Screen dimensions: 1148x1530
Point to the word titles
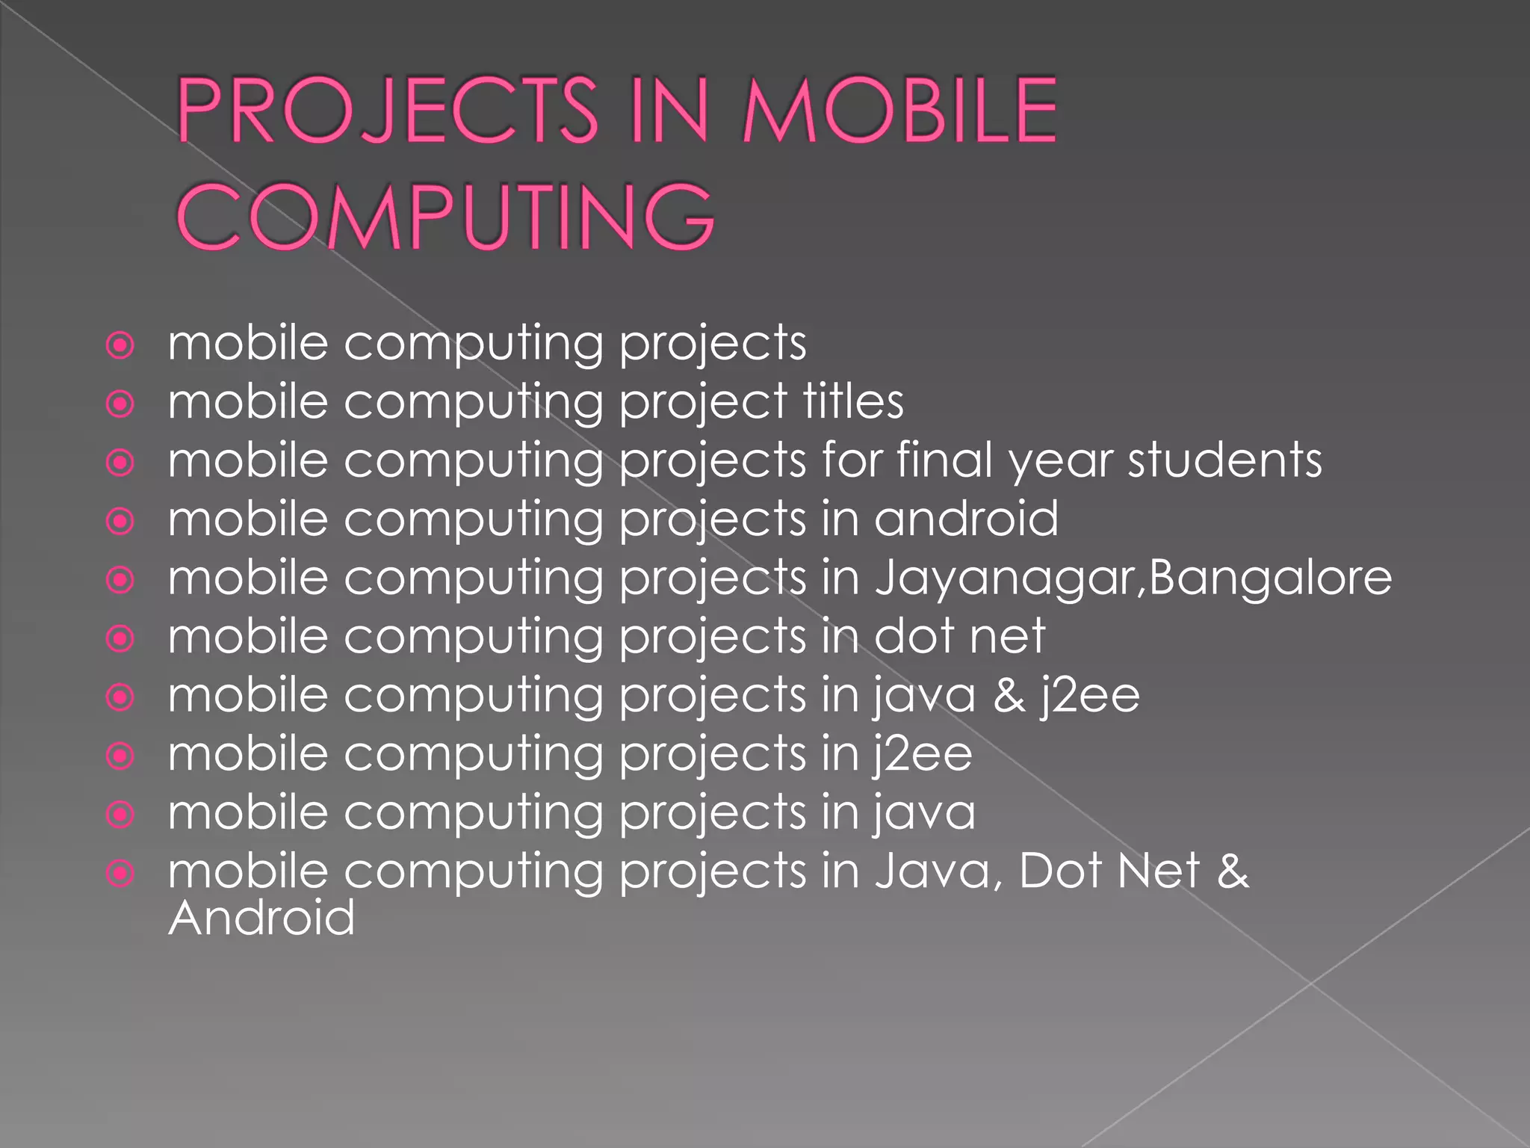853,401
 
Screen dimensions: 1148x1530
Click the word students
1224,460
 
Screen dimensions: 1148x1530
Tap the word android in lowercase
966,519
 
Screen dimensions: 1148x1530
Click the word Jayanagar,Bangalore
1133,578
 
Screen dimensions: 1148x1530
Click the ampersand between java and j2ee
1009,695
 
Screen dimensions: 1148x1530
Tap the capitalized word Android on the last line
261,918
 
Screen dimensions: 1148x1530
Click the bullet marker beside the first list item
120,346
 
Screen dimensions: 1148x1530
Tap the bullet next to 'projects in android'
120,522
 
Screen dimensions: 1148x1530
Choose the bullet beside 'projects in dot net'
120,639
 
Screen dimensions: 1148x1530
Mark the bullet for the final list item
120,873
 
